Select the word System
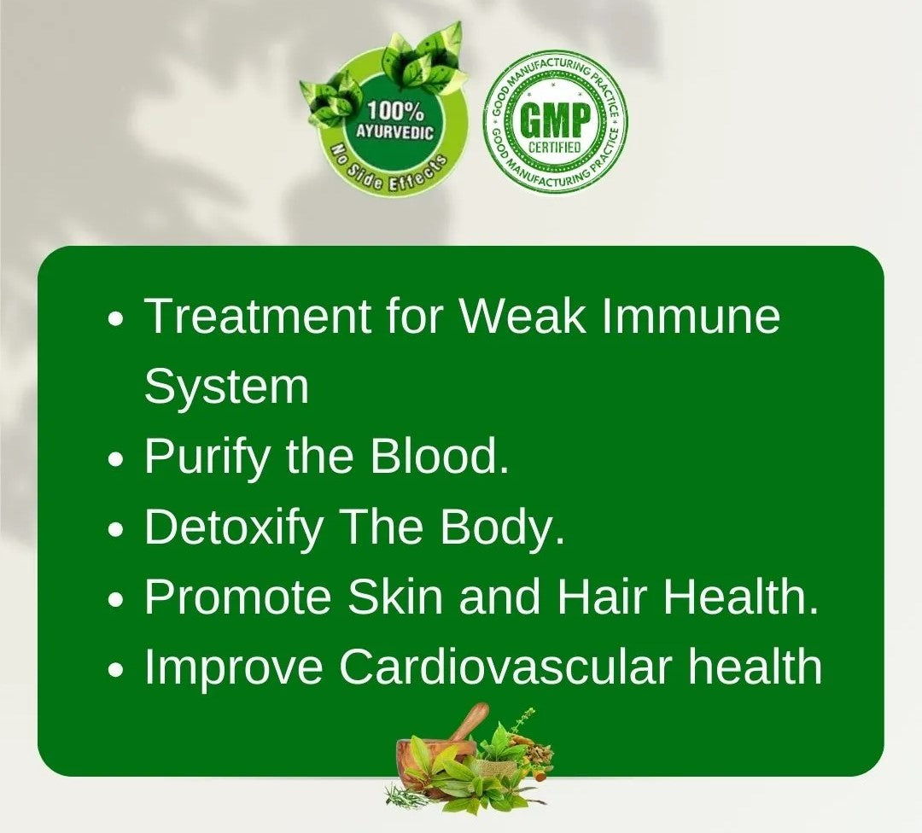point(226,387)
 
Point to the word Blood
point(440,457)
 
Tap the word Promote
point(238,598)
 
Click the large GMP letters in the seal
point(555,121)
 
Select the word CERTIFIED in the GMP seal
point(555,148)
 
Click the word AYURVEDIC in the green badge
point(394,134)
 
